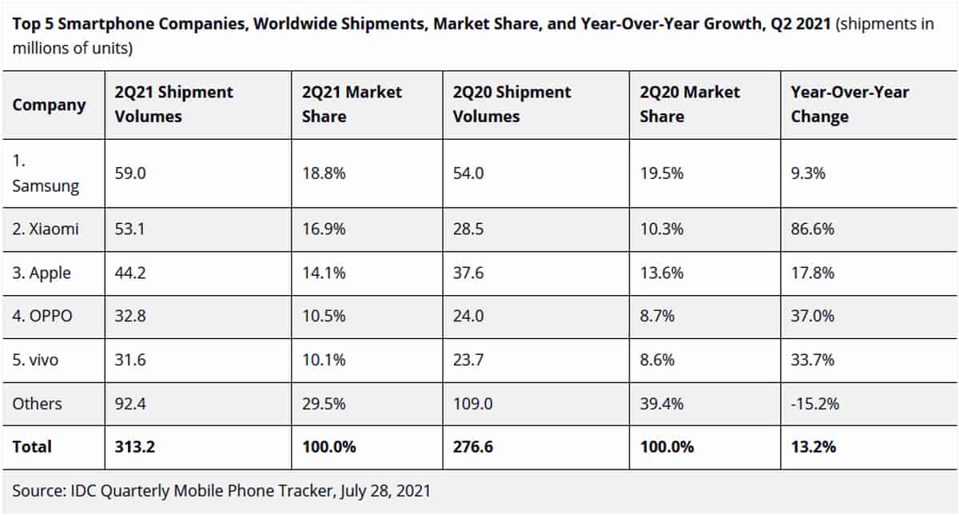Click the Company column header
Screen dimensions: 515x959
coord(49,105)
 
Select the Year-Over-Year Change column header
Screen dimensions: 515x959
coord(850,104)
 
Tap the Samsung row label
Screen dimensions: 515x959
coord(46,174)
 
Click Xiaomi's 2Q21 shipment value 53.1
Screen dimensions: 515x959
coord(130,230)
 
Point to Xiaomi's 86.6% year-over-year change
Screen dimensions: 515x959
coord(813,230)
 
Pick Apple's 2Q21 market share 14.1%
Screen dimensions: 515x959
coord(324,273)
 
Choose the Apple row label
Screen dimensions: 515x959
coord(42,273)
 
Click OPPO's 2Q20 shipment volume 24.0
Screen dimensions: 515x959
coord(468,316)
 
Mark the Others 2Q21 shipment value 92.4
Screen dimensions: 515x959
coord(131,404)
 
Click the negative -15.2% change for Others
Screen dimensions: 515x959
coord(815,404)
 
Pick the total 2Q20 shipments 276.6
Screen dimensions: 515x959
coord(473,447)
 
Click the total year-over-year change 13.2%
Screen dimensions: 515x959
coord(814,447)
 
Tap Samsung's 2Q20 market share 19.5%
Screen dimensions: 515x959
coord(661,173)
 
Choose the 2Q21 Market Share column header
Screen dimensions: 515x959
coord(352,104)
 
